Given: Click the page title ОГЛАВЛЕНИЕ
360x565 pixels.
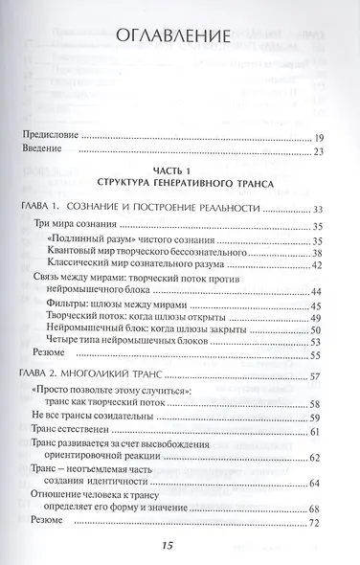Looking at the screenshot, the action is pos(172,37).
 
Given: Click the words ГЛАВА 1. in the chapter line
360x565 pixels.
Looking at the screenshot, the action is pos(42,208).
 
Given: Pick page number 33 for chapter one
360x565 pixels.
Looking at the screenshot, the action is pos(319,208).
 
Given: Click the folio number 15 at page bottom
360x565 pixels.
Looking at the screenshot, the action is pos(172,546).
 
